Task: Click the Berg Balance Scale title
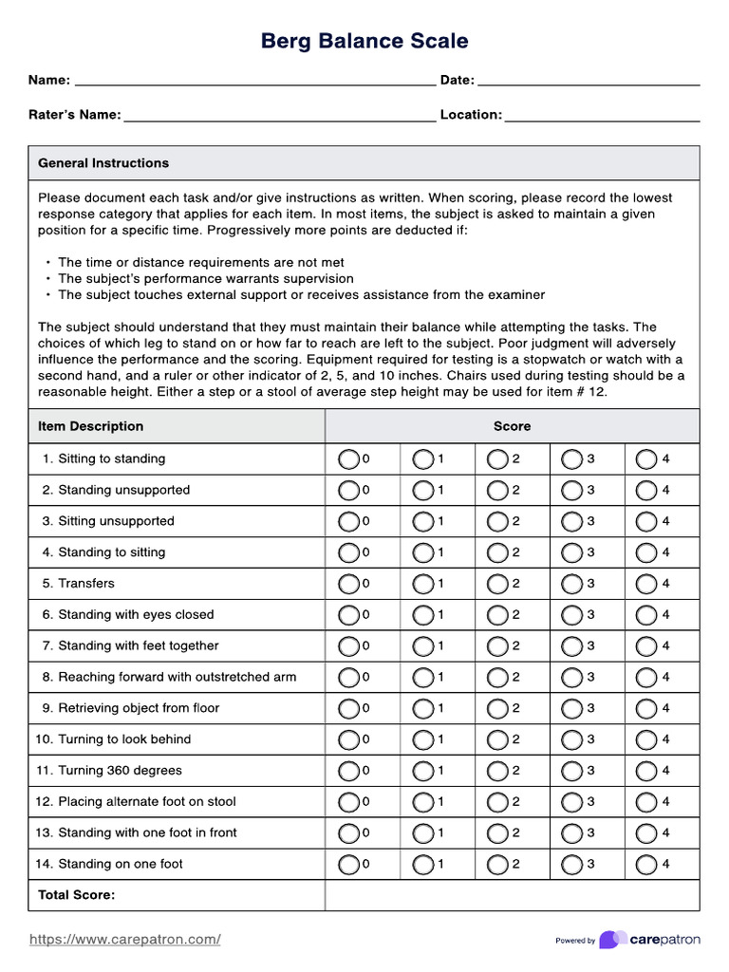point(364,41)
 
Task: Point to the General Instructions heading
point(103,163)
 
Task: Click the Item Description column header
point(91,426)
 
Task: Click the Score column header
point(512,426)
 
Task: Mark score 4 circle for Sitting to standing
point(646,459)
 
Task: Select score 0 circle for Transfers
point(348,584)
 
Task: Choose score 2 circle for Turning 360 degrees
point(497,771)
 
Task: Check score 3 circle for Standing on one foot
point(571,865)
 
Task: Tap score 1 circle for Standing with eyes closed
point(422,615)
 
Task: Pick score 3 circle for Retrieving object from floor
point(571,708)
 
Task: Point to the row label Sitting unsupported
point(116,521)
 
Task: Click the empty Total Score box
point(512,895)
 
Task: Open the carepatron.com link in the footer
point(125,940)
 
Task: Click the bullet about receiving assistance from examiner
point(301,295)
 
